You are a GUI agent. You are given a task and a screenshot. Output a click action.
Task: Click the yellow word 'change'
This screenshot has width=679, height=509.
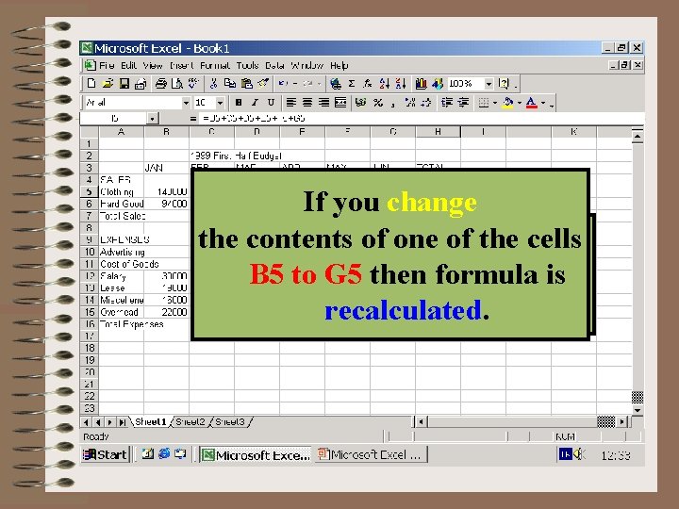[x=431, y=203]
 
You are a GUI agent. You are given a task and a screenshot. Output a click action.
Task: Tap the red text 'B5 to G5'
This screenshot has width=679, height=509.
[x=307, y=275]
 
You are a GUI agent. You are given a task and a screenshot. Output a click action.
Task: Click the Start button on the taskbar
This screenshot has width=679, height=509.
[x=105, y=454]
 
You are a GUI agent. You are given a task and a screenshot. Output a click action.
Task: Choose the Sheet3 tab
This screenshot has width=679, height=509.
[x=229, y=421]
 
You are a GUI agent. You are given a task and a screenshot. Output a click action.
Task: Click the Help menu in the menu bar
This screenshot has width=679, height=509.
[x=339, y=66]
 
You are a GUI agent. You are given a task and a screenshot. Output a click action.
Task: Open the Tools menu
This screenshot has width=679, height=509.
[x=247, y=66]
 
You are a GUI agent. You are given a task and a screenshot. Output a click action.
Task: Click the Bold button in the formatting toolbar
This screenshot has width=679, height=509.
[x=239, y=102]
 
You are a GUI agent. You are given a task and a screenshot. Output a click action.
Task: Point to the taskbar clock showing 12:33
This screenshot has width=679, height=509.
[x=616, y=454]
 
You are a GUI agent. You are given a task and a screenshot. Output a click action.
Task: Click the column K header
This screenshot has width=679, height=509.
[x=573, y=132]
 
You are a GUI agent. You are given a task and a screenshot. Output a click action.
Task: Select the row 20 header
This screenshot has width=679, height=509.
[x=89, y=372]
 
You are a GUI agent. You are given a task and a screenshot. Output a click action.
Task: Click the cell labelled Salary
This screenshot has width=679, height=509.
[x=113, y=276]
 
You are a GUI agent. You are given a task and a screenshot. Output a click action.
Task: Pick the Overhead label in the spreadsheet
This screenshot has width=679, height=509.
[x=120, y=312]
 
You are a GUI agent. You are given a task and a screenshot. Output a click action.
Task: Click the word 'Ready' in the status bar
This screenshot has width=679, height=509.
[x=97, y=436]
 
